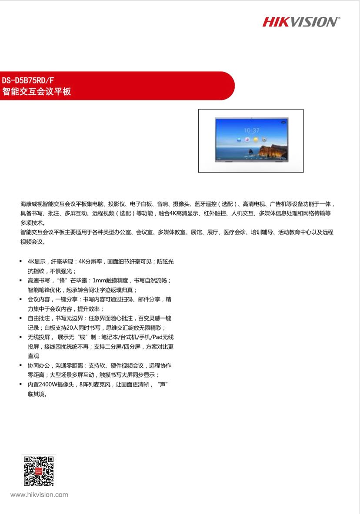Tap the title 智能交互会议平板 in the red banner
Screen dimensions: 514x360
[37, 92]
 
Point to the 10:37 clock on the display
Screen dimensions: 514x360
[251, 130]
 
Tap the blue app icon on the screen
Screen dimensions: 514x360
[239, 139]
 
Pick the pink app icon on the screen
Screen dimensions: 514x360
[247, 139]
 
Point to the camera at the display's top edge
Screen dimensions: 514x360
[251, 118]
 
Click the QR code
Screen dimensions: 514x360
[39, 471]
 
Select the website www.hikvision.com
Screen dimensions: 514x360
[39, 494]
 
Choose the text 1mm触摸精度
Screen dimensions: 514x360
[110, 280]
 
